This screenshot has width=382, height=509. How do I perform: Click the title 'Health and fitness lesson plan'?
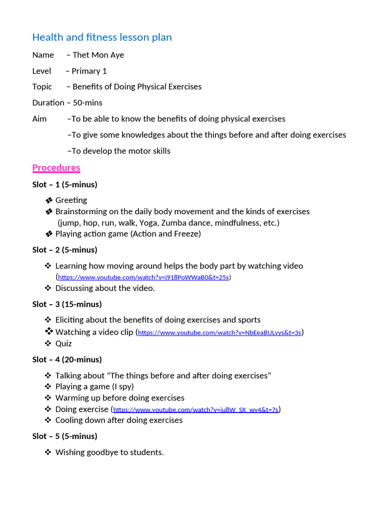(x=102, y=37)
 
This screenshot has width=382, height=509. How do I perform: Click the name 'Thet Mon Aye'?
(x=98, y=55)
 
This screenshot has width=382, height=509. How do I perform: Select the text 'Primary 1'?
(x=89, y=71)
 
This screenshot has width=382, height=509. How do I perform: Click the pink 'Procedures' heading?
(x=56, y=168)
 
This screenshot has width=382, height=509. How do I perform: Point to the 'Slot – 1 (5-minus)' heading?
(x=65, y=184)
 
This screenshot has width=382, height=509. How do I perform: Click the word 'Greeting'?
(x=71, y=200)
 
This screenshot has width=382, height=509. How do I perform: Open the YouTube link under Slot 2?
(x=143, y=277)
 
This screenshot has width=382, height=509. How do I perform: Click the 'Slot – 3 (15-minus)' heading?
(x=67, y=304)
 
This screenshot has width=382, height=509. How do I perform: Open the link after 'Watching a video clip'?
(x=219, y=333)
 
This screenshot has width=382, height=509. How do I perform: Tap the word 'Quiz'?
(x=64, y=343)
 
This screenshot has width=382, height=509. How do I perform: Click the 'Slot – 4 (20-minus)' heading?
(x=67, y=359)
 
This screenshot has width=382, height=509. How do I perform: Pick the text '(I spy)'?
(x=122, y=386)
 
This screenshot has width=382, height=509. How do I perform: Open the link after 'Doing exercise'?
(x=195, y=410)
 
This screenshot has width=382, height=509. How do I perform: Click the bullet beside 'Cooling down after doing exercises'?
(x=48, y=420)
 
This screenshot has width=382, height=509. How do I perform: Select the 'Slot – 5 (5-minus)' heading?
(x=65, y=436)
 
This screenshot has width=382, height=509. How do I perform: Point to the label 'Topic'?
(x=42, y=86)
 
